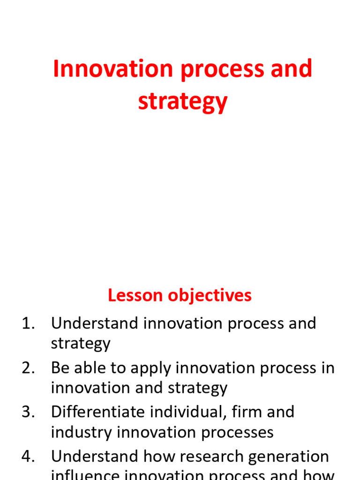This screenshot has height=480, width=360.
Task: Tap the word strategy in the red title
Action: [183, 102]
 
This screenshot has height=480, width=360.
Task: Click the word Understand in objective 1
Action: [95, 323]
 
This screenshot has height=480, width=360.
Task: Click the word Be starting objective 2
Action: [60, 368]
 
